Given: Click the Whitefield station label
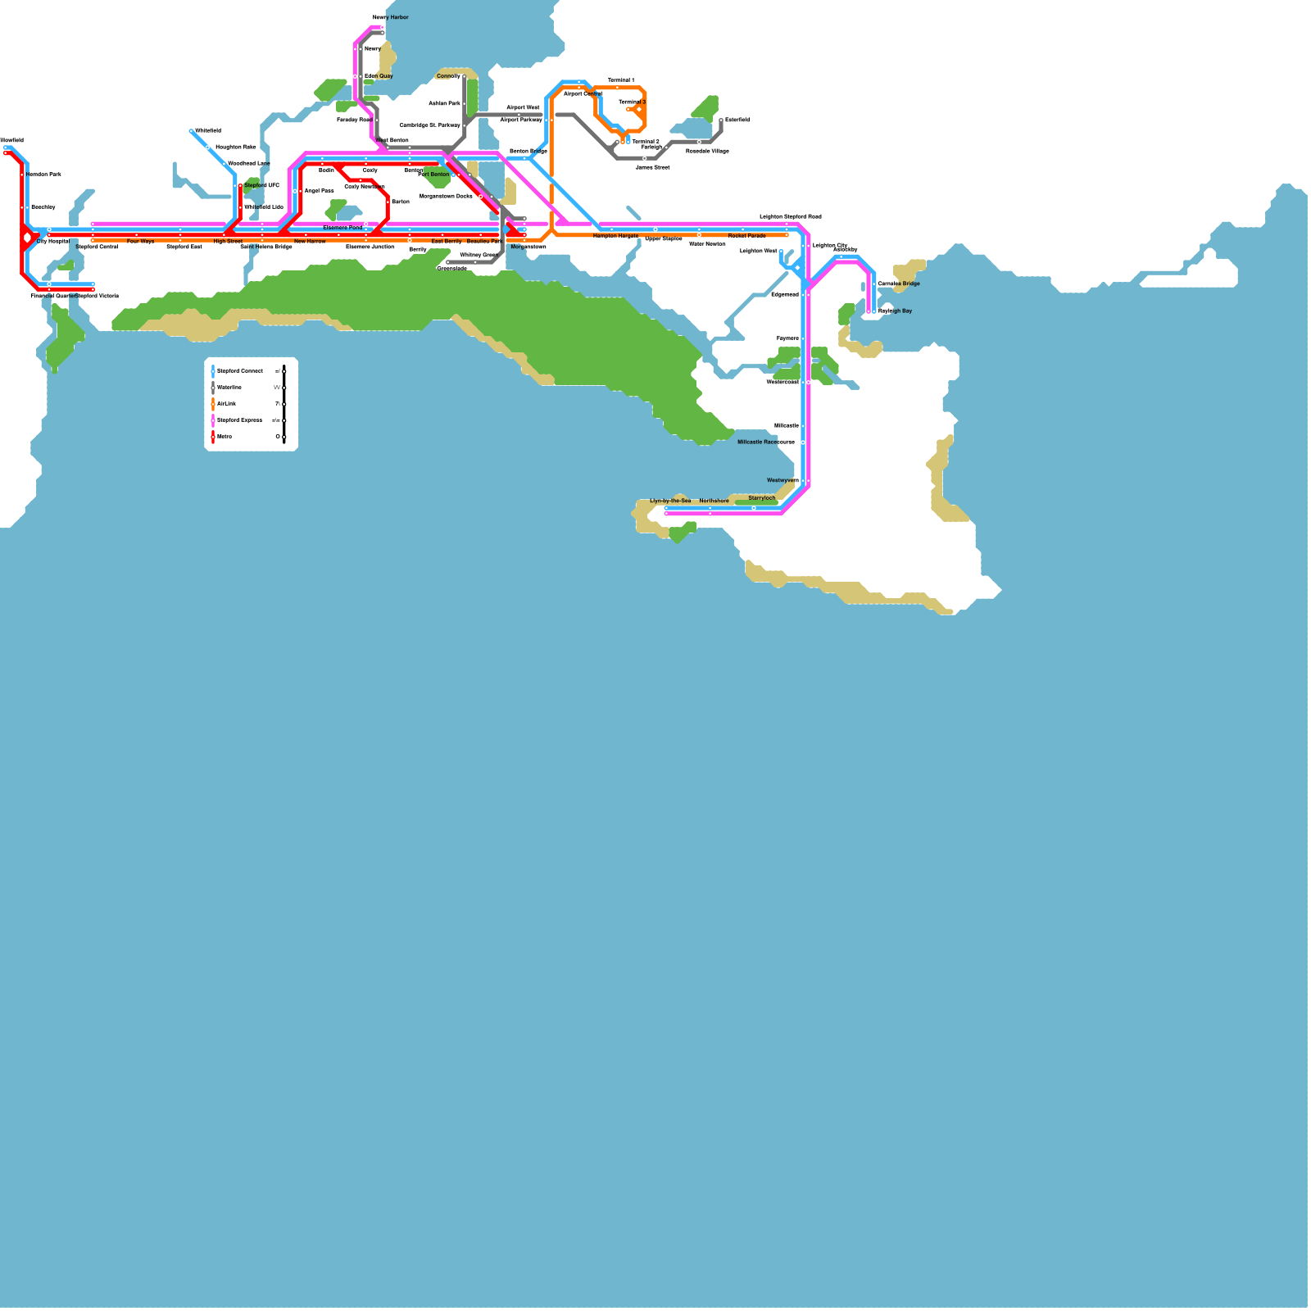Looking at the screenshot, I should pos(208,130).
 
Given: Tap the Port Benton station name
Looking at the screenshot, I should pos(433,175).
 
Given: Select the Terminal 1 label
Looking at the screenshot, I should pos(620,80).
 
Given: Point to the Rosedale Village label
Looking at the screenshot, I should pos(707,151).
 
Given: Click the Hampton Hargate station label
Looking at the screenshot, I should pos(615,236).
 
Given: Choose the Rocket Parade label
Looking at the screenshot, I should pos(746,236).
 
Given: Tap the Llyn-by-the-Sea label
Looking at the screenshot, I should pos(670,501).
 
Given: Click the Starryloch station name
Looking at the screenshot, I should pos(761,498).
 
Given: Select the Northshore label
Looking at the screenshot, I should pos(714,501).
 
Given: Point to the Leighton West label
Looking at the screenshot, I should pos(758,251).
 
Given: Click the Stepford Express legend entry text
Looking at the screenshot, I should pos(239,420).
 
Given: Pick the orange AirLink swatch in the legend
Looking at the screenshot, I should pos(213,404).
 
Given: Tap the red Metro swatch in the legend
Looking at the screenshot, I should pos(213,437).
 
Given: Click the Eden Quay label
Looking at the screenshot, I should pos(379,76).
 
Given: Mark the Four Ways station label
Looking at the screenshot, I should pos(140,242).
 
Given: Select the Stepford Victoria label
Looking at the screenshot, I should pos(98,296).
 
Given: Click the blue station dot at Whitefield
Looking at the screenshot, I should pos(191,131).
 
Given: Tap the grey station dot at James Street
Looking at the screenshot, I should pos(645,158).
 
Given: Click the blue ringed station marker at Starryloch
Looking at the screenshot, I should pos(754,508).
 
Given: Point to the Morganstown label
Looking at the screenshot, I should pos(528,247).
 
